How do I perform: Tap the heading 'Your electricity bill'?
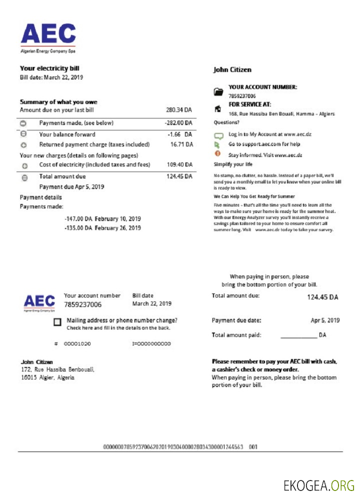coord(49,68)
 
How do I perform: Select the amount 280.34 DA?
coord(179,110)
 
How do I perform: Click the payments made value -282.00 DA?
coord(178,123)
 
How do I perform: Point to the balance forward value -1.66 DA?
coord(180,134)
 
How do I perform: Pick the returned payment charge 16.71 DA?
coord(181,144)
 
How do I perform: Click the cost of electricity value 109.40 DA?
coord(179,164)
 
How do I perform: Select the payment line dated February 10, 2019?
coord(102,219)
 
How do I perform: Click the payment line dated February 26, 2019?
coord(102,228)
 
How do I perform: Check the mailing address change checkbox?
coord(57,322)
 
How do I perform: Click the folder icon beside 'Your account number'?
coord(217,91)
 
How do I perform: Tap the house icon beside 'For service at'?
coord(217,108)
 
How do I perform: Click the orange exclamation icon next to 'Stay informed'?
coord(217,154)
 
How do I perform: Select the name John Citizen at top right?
coord(232,70)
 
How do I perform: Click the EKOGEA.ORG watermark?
coord(318,485)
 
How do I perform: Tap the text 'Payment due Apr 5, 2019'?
coord(71,186)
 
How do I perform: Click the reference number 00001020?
coord(77,344)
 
